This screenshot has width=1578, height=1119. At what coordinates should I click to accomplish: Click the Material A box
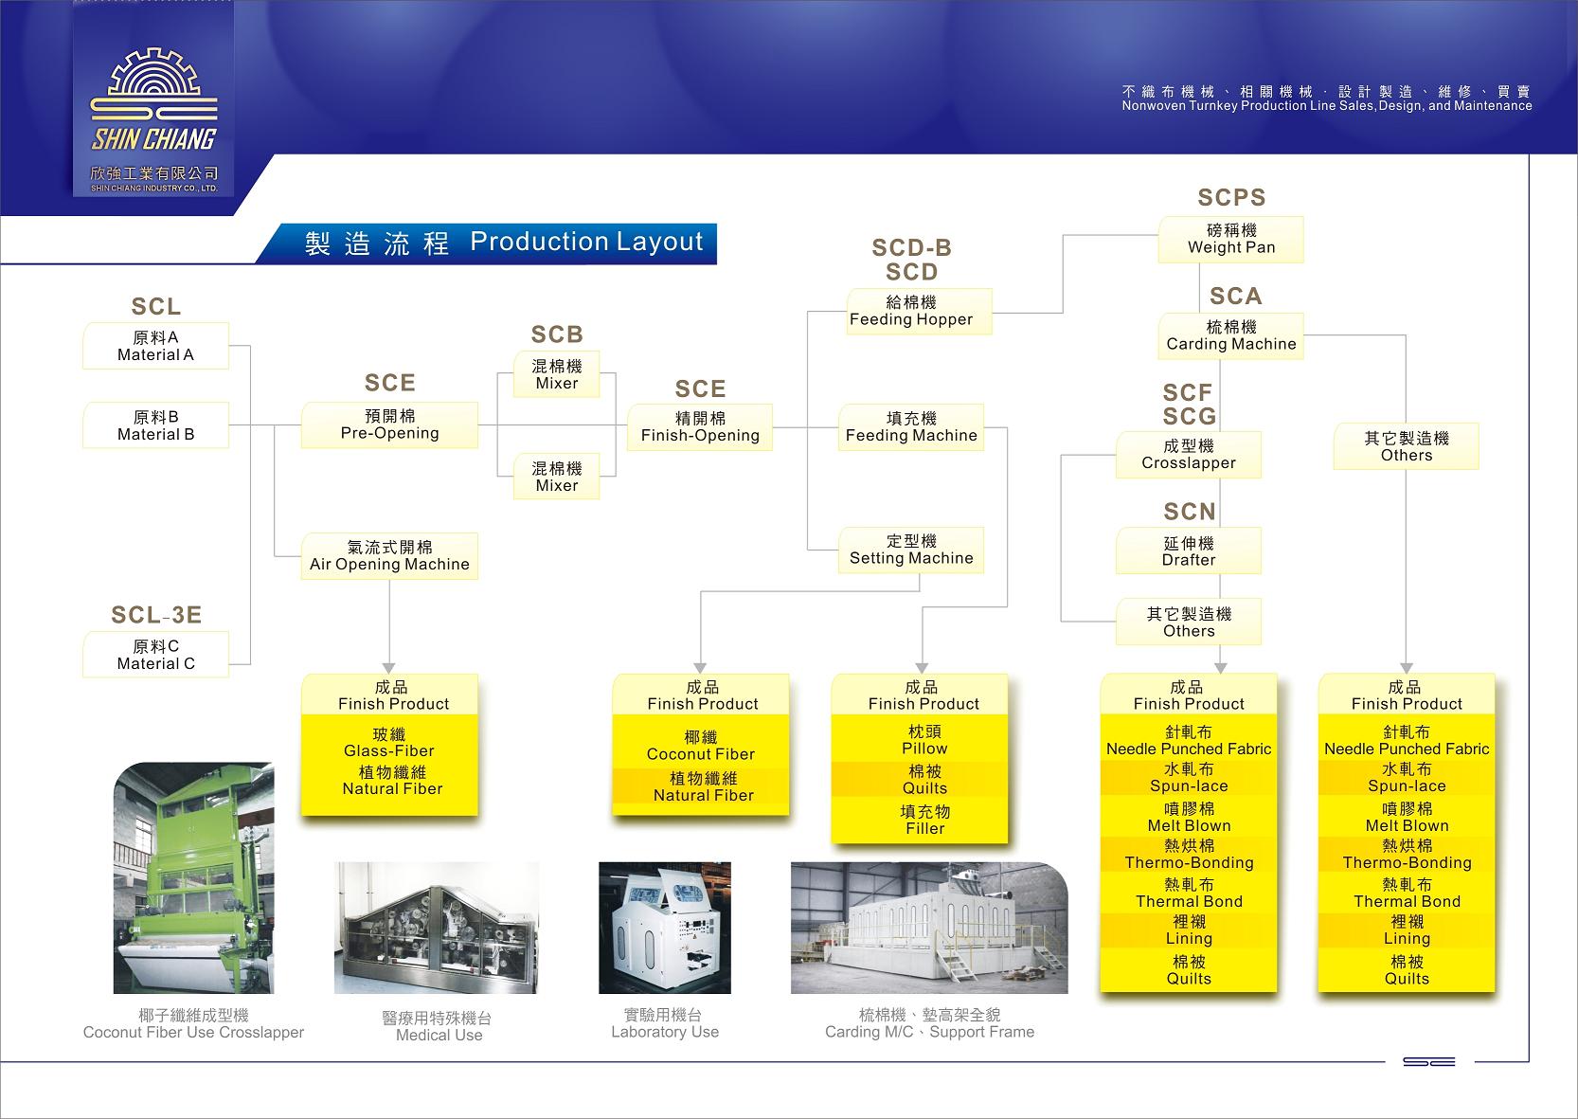click(155, 346)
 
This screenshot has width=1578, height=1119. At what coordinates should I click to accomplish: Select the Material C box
click(155, 655)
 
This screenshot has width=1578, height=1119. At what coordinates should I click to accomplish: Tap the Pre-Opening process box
click(389, 424)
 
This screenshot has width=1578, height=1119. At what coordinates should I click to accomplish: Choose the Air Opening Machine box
click(389, 556)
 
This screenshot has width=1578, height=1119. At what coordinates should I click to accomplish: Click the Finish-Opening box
click(700, 427)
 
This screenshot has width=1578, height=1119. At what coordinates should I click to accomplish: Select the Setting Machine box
click(911, 550)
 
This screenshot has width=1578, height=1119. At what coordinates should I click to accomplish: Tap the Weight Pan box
click(1230, 240)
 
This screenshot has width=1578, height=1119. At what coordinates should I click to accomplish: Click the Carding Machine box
click(1230, 336)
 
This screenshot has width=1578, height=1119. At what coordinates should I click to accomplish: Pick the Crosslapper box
click(1189, 455)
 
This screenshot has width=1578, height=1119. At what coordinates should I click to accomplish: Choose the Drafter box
click(1189, 551)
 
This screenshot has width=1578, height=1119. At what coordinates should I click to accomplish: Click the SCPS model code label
click(1231, 197)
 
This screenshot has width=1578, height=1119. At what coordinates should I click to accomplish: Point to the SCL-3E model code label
click(156, 615)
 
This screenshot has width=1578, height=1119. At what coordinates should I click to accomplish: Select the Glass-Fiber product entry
click(389, 743)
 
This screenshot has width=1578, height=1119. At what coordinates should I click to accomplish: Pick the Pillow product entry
click(924, 740)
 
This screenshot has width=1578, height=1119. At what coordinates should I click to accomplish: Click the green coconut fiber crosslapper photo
click(194, 877)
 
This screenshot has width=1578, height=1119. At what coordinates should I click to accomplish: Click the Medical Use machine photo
click(437, 928)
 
